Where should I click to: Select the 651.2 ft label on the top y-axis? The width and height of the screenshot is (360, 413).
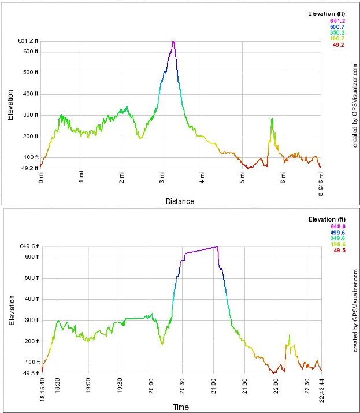coord(28,41)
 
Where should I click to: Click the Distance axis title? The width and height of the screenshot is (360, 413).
coord(180,201)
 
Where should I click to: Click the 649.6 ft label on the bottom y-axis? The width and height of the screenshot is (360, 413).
coord(28,246)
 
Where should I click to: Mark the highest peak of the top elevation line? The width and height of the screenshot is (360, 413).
coord(173,42)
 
